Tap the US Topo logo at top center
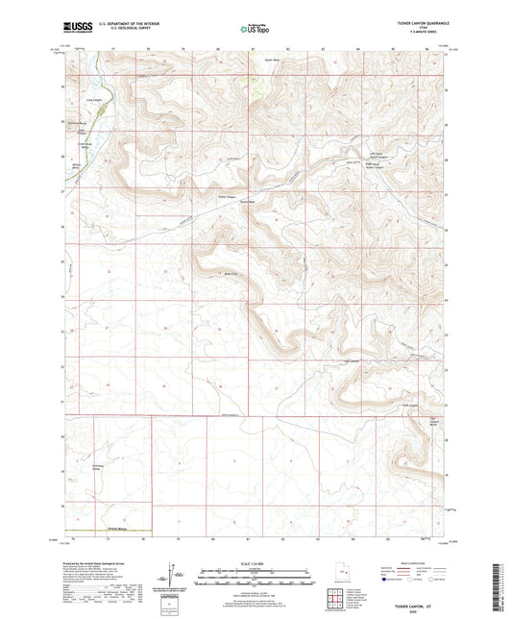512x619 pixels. click(x=255, y=29)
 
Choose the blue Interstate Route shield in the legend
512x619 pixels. click(x=388, y=581)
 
